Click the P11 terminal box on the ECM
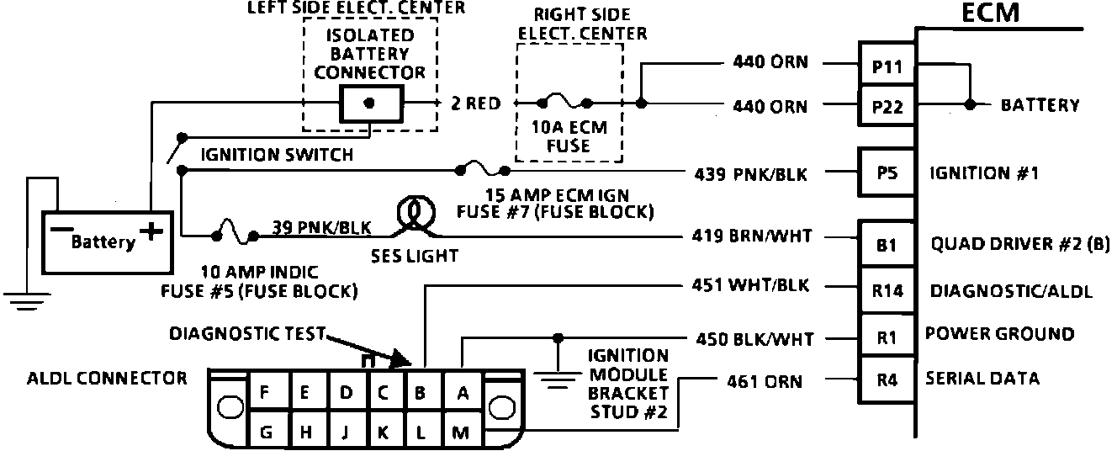(887, 66)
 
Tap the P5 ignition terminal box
(887, 173)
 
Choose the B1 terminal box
(887, 246)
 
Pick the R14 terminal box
(887, 292)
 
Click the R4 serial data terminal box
(887, 379)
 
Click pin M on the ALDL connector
(460, 432)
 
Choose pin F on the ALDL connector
(266, 391)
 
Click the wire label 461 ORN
(764, 382)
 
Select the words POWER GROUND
(999, 334)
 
